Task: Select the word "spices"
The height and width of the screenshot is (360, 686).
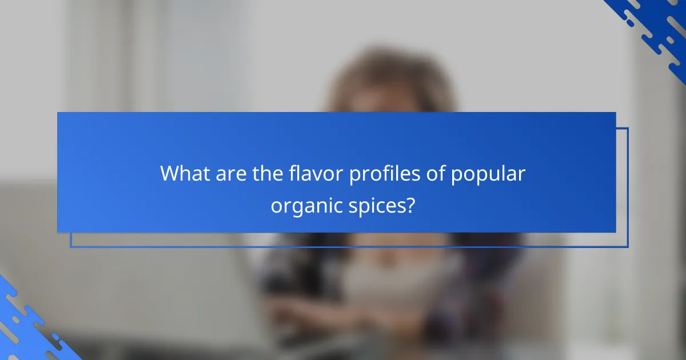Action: (x=377, y=205)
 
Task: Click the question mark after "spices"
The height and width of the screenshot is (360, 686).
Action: (x=409, y=205)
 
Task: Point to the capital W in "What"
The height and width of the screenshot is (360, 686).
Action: (x=170, y=173)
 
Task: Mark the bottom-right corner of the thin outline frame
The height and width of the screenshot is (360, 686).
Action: (x=628, y=247)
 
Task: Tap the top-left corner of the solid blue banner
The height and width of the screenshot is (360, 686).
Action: (x=58, y=113)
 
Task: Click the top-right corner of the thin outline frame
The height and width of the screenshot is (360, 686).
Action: (x=628, y=128)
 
